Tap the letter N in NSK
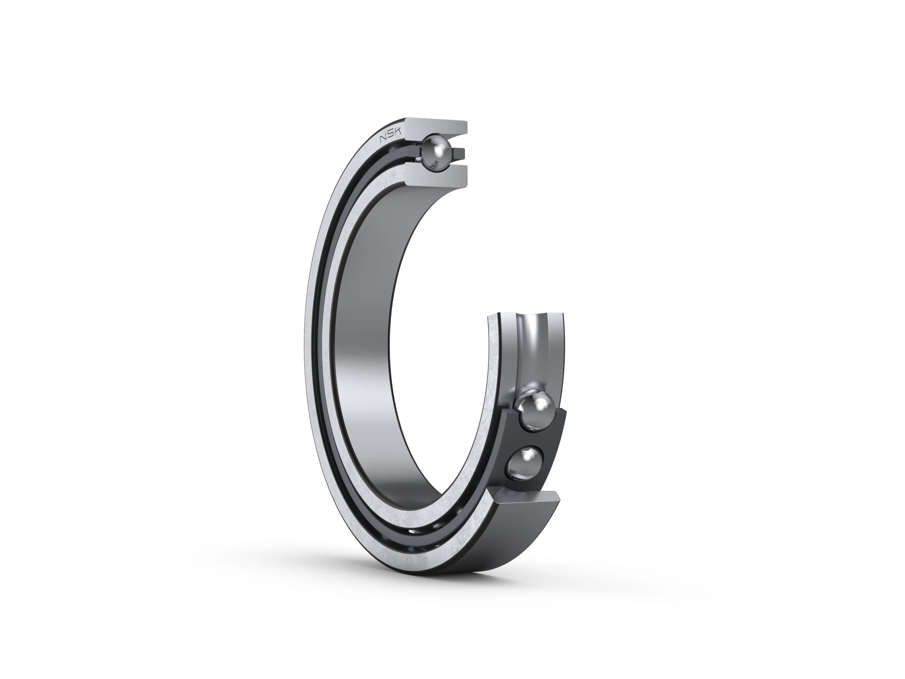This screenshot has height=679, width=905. tap(383, 140)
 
